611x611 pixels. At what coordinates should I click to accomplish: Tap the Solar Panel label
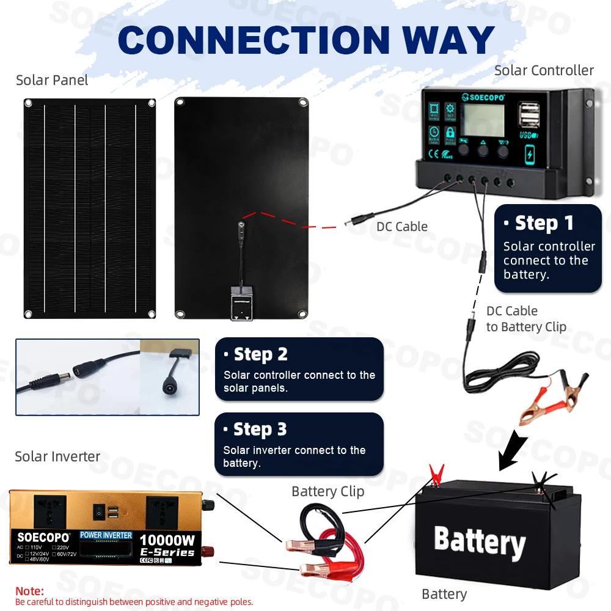click(52, 80)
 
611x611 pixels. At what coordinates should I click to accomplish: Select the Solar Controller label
click(544, 70)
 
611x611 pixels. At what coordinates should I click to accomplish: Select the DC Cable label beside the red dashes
click(401, 227)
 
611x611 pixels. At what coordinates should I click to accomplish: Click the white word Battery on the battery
click(480, 541)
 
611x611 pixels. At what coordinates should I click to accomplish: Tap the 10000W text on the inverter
click(167, 540)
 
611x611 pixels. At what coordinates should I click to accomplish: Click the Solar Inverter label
click(57, 456)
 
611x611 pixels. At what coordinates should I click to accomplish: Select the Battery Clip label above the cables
click(327, 491)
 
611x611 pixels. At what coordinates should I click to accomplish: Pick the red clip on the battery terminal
click(436, 474)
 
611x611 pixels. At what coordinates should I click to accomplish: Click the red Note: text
click(29, 591)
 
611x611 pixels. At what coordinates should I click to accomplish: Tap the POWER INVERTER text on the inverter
click(106, 535)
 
